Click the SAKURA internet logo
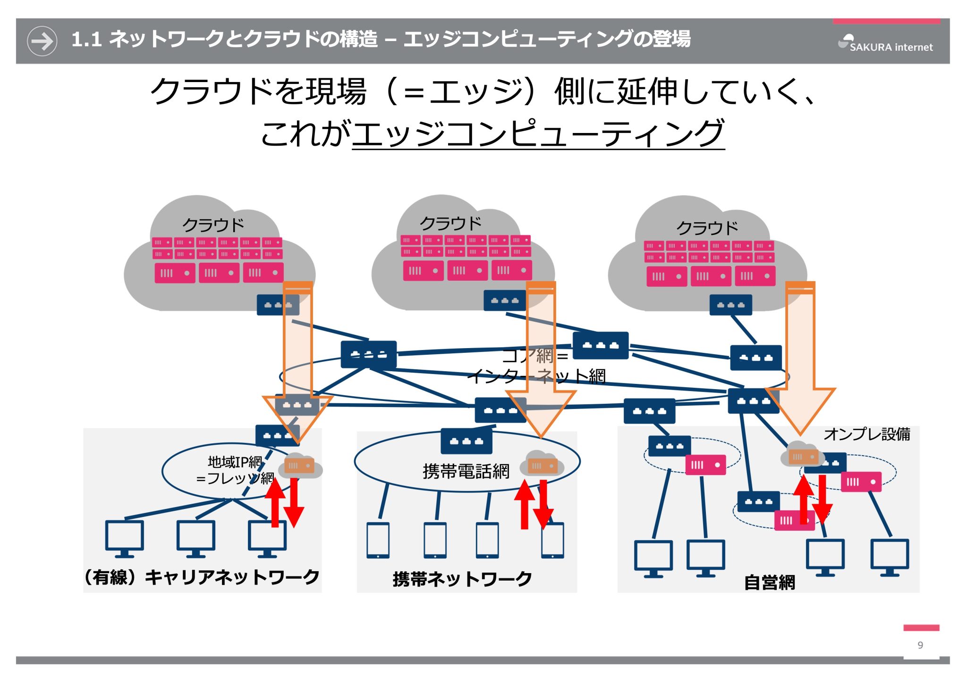[885, 43]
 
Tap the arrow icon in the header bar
[42, 41]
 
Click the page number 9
[920, 645]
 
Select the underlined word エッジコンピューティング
[538, 133]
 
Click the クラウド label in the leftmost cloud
[213, 225]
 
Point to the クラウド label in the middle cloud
[450, 223]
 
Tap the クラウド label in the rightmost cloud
[707, 228]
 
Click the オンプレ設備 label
[866, 434]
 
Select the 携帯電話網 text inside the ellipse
[466, 471]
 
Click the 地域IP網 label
[235, 462]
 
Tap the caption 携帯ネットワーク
[462, 579]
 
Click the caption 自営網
[769, 583]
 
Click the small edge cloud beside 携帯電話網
[541, 465]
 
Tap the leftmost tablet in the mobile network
[378, 540]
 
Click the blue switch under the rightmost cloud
[730, 305]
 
